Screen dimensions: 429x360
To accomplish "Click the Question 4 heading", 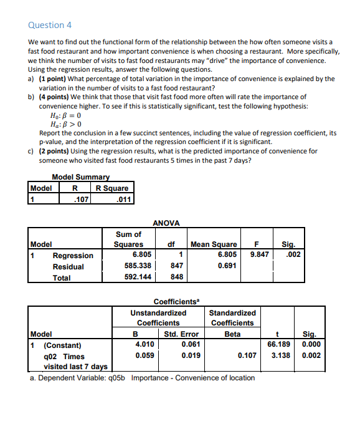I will (x=50, y=25).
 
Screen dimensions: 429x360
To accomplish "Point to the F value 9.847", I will (x=259, y=255).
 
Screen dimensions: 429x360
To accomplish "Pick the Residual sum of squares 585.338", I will (x=139, y=266).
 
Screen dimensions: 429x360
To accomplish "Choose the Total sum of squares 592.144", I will (x=139, y=277).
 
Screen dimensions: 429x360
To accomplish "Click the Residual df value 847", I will (x=177, y=266).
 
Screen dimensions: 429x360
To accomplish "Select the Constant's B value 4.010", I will (x=144, y=344).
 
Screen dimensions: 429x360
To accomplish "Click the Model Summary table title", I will (x=80, y=177).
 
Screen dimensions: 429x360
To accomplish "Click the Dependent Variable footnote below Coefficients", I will (x=142, y=377).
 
